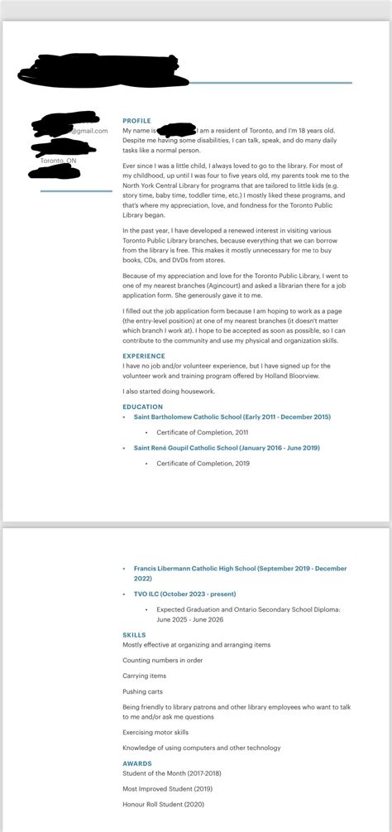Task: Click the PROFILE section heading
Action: point(136,121)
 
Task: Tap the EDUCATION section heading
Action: point(142,406)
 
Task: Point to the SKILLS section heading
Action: point(133,635)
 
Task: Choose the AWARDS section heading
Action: point(136,763)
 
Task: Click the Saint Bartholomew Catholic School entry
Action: point(232,417)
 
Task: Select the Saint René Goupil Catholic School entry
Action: point(226,448)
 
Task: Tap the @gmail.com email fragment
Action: point(89,131)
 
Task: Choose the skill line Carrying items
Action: point(145,676)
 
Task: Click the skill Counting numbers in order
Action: point(162,660)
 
